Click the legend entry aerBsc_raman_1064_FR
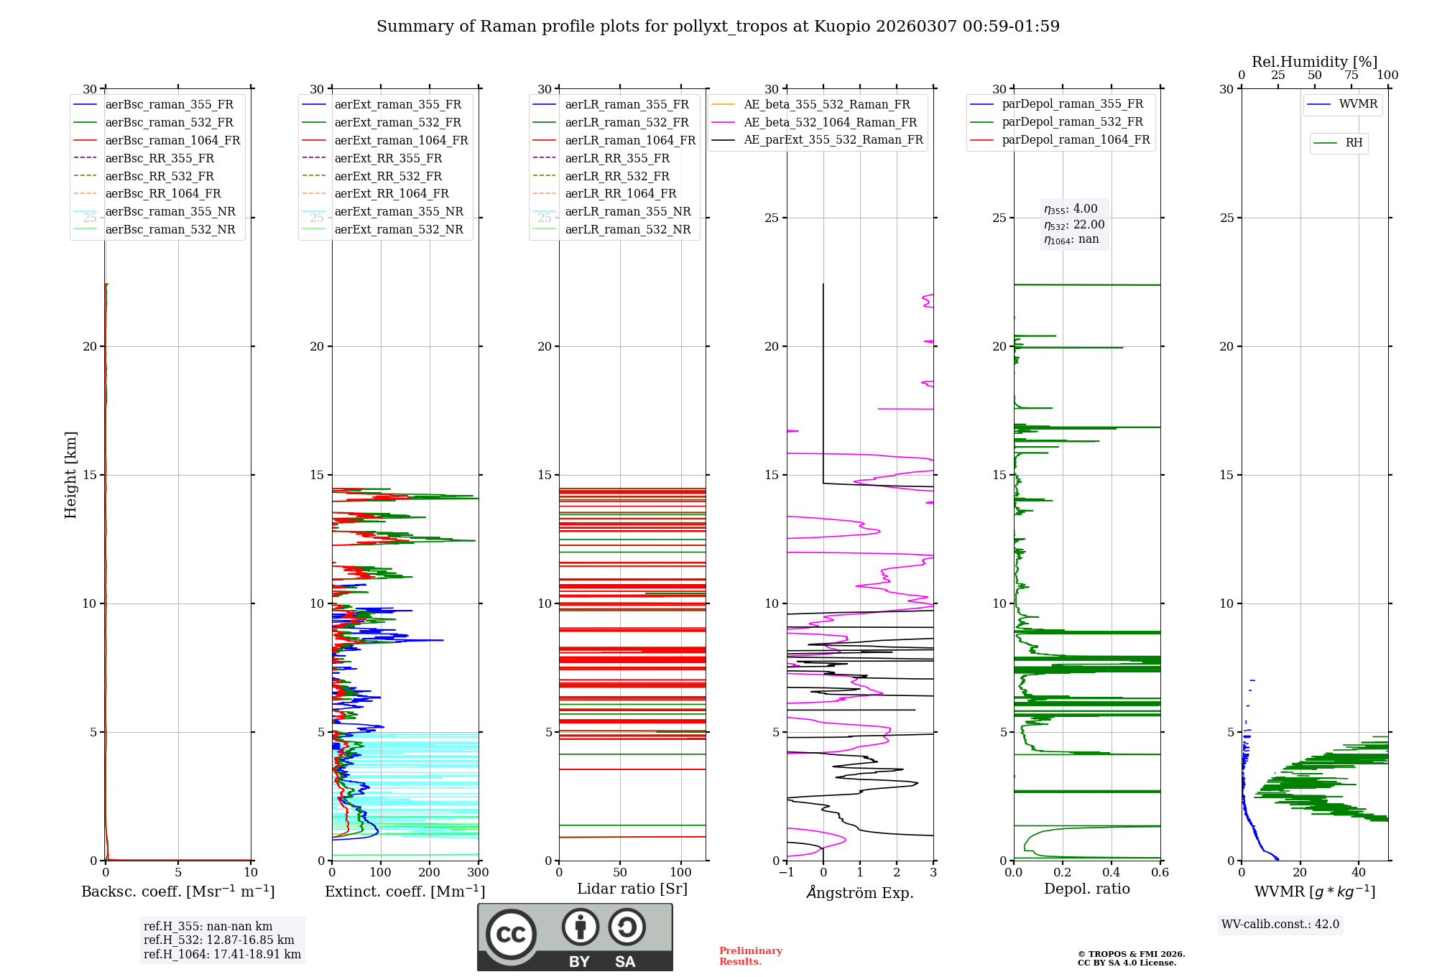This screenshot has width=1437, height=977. click(172, 141)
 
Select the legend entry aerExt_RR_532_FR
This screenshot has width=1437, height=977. click(388, 176)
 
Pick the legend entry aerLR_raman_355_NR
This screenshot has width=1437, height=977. click(627, 212)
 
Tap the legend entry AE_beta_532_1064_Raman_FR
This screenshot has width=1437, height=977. click(830, 123)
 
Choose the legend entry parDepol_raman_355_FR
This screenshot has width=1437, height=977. click(1072, 104)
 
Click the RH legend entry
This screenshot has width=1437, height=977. click(1354, 143)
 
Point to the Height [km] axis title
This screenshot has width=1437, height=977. click(70, 475)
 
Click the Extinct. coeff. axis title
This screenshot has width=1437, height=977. click(405, 892)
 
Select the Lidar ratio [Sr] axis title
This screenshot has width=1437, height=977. click(632, 889)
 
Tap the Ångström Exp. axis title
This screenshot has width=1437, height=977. click(860, 892)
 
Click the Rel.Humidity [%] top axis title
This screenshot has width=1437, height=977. click(1315, 62)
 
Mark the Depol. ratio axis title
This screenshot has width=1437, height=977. click(1087, 889)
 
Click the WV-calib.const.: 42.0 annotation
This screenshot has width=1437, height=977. click(1280, 924)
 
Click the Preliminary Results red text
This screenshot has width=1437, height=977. click(750, 955)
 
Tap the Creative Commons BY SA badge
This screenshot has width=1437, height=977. click(575, 937)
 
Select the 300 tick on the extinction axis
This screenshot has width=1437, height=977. click(478, 872)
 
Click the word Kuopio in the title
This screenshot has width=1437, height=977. click(841, 27)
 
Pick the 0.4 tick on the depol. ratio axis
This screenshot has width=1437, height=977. click(1112, 872)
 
